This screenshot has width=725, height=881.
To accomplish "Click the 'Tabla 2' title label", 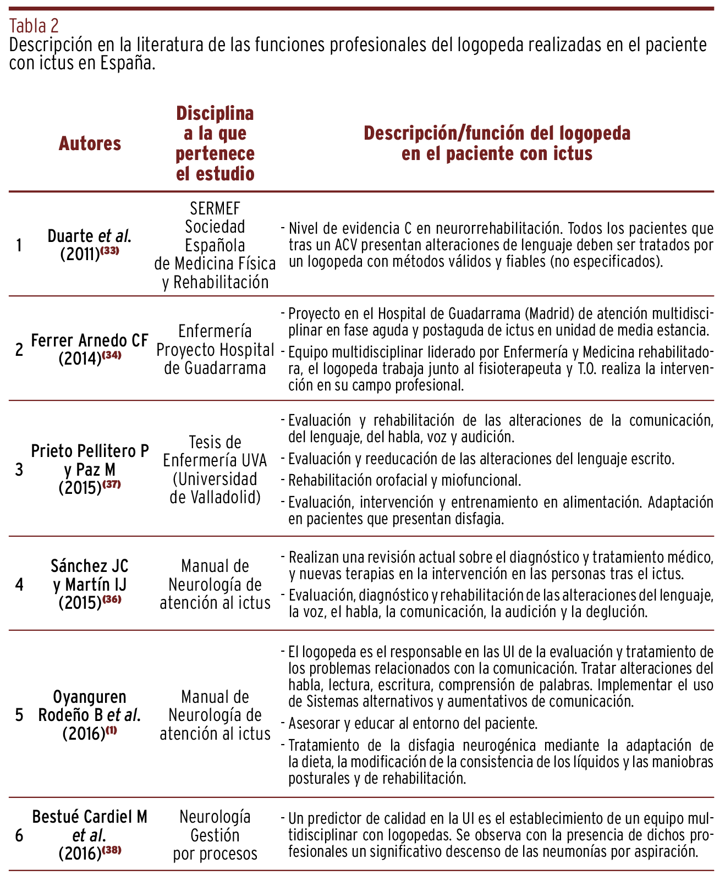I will [34, 25].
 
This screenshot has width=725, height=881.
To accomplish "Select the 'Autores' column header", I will [90, 144].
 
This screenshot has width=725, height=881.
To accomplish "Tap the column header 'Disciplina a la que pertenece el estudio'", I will [215, 144].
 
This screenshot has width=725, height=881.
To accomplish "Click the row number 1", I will [19, 245].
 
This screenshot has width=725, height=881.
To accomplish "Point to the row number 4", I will [19, 584].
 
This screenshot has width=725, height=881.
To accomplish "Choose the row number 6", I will [19, 836].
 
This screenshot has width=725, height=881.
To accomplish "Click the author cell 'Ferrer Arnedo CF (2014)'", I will [90, 349].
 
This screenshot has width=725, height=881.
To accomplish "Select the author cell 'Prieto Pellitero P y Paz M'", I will [90, 460].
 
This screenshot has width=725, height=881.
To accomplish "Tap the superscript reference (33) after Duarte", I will [109, 251].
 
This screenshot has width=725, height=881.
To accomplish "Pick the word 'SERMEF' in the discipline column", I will [215, 208].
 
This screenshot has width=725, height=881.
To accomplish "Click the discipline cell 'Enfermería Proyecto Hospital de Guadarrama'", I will [215, 349].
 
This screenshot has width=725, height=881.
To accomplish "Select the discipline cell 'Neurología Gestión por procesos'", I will [215, 835].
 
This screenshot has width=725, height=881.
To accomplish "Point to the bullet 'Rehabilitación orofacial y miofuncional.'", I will [404, 480].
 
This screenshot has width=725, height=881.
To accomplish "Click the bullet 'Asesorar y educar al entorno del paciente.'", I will [413, 723].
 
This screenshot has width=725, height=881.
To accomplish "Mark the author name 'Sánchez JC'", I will [90, 565].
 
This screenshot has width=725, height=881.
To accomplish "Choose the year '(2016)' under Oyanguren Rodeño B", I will [84, 734].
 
